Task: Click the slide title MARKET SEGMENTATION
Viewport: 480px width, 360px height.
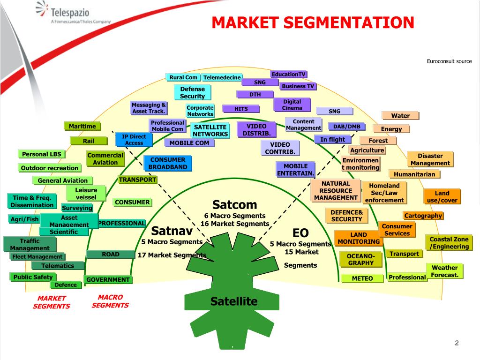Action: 313,22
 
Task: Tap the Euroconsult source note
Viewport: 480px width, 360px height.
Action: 449,61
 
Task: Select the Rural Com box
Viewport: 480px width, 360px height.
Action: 183,77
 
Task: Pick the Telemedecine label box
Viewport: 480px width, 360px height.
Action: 222,77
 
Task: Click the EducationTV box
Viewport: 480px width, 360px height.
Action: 288,74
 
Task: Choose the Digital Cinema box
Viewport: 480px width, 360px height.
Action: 292,105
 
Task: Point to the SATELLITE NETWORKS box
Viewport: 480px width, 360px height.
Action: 210,130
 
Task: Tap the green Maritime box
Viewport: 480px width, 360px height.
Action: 82,126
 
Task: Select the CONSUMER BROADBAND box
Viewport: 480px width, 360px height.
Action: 168,163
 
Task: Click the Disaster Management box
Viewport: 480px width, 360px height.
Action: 430,159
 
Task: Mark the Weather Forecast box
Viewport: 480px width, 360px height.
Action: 444,271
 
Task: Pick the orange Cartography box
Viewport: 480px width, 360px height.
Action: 423,216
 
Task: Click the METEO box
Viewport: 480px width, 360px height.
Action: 362,278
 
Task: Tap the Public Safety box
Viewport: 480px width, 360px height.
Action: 33,277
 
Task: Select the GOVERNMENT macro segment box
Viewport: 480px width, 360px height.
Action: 108,280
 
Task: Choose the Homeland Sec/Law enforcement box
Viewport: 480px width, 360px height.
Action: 384,193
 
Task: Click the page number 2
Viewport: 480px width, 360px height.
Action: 456,344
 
